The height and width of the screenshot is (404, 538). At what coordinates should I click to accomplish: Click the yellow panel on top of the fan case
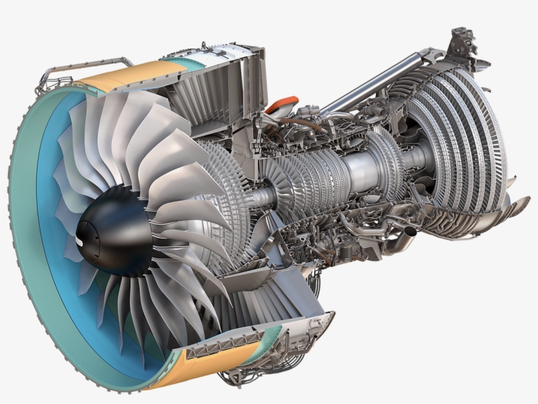pos(125,76)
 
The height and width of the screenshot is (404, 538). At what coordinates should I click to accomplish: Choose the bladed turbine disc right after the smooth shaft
pos(387,164)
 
